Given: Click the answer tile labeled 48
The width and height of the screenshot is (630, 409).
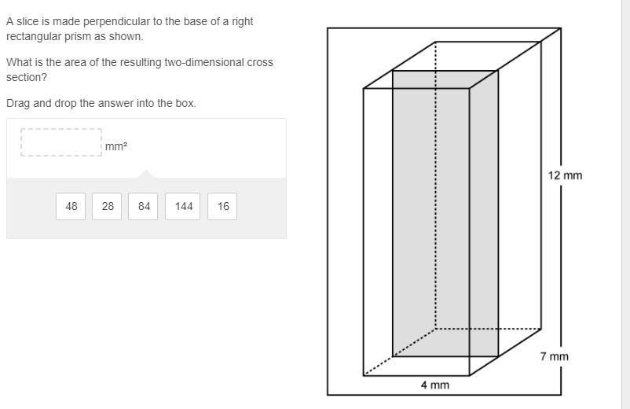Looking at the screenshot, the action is pyautogui.click(x=71, y=206).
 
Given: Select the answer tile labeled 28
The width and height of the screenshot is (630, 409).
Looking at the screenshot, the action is pyautogui.click(x=107, y=206).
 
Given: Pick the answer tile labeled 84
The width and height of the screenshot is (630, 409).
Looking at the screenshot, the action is pyautogui.click(x=143, y=206).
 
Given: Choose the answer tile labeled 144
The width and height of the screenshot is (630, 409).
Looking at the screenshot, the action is pyautogui.click(x=182, y=206).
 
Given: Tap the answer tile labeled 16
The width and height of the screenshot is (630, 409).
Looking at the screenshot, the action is pyautogui.click(x=222, y=206).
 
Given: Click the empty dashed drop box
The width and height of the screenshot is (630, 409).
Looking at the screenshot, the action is pyautogui.click(x=61, y=142).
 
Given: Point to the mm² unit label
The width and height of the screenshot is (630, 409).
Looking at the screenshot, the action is pyautogui.click(x=116, y=146).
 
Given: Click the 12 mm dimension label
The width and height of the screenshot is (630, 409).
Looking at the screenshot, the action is pyautogui.click(x=565, y=175).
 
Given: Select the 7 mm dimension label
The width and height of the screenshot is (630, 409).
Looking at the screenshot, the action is pyautogui.click(x=554, y=356).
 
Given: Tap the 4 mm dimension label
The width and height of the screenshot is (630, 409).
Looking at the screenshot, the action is pyautogui.click(x=435, y=385).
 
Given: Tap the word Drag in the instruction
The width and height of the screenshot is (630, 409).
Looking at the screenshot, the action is pyautogui.click(x=18, y=104).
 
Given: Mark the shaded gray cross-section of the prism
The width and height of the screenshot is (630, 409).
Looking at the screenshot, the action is pyautogui.click(x=445, y=214).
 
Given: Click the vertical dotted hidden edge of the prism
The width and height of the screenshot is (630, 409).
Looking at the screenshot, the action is pyautogui.click(x=435, y=185).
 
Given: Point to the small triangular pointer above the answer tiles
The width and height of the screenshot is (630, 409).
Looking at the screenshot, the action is pyautogui.click(x=146, y=174).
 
